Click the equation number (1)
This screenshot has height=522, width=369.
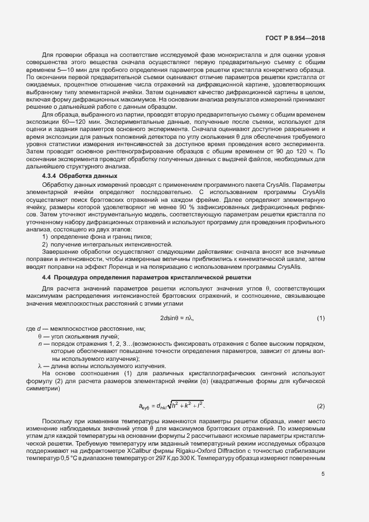point(321,318)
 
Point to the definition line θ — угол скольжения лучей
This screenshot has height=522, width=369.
point(78,337)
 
